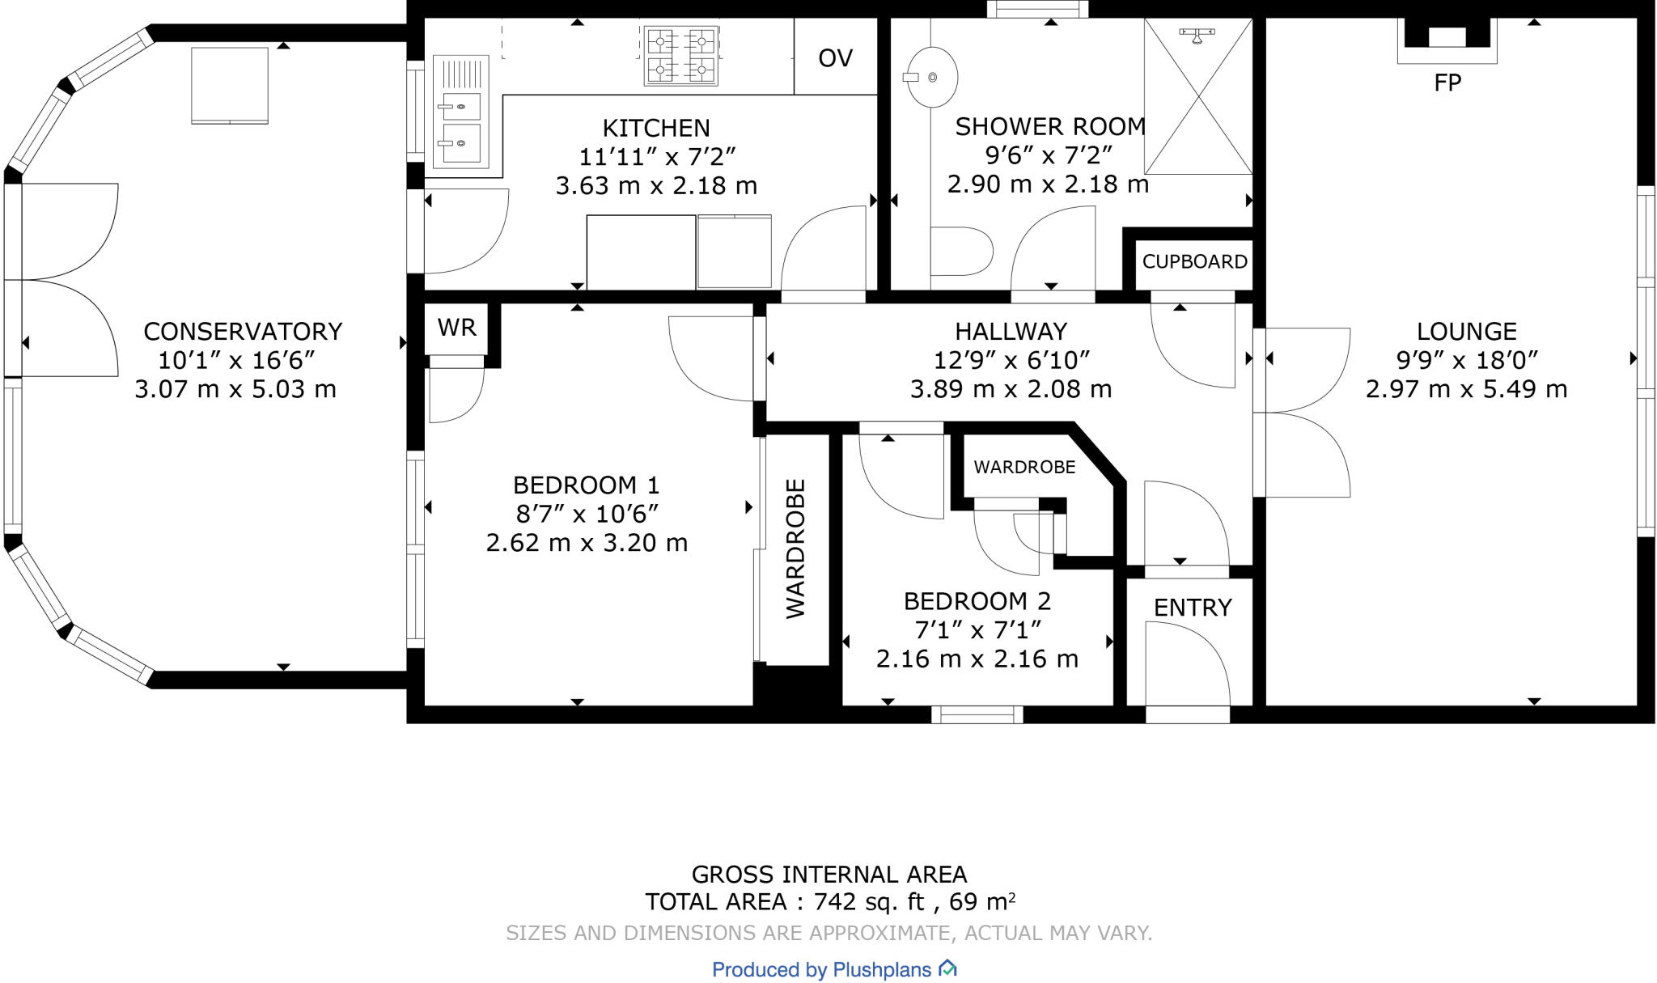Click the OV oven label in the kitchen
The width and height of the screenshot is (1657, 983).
pyautogui.click(x=835, y=58)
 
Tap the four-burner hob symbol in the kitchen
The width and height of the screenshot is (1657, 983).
pyautogui.click(x=680, y=55)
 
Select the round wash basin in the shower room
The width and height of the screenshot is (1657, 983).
pyautogui.click(x=932, y=78)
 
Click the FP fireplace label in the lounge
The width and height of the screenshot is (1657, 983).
pyautogui.click(x=1447, y=83)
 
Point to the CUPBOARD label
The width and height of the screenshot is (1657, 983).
pyautogui.click(x=1194, y=262)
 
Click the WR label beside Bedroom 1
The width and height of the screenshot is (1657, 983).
pyautogui.click(x=456, y=328)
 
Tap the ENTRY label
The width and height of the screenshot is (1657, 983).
pyautogui.click(x=1192, y=608)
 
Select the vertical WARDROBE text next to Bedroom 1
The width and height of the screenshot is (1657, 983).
pyautogui.click(x=796, y=549)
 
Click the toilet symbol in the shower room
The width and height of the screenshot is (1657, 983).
pyautogui.click(x=960, y=252)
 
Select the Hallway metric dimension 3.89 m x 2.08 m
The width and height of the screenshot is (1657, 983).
pyautogui.click(x=1011, y=390)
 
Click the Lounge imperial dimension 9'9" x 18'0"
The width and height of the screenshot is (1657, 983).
pyautogui.click(x=1466, y=360)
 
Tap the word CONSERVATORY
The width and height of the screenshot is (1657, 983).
pyautogui.click(x=243, y=332)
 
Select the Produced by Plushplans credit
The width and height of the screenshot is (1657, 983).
pyautogui.click(x=833, y=969)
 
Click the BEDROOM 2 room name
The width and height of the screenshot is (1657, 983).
pyautogui.click(x=977, y=602)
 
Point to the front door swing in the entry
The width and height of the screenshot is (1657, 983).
pyautogui.click(x=1188, y=663)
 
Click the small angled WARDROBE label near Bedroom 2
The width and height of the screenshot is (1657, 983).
pyautogui.click(x=1024, y=468)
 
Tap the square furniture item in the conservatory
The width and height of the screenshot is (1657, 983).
pyautogui.click(x=230, y=85)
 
